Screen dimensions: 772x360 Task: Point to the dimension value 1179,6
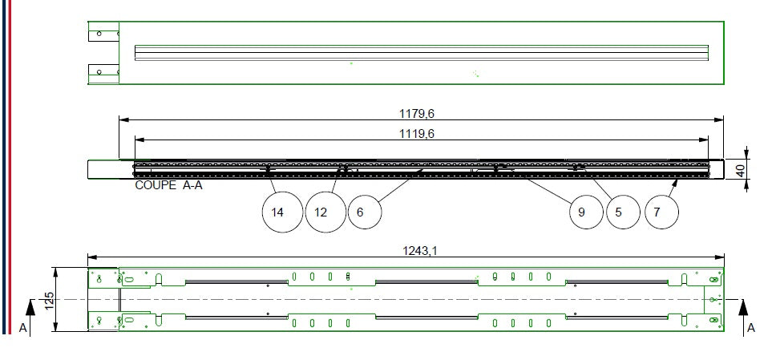(x=417, y=114)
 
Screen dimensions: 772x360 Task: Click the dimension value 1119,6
(x=417, y=133)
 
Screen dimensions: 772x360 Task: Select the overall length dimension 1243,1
(x=420, y=251)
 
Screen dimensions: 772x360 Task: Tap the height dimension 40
(x=754, y=171)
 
